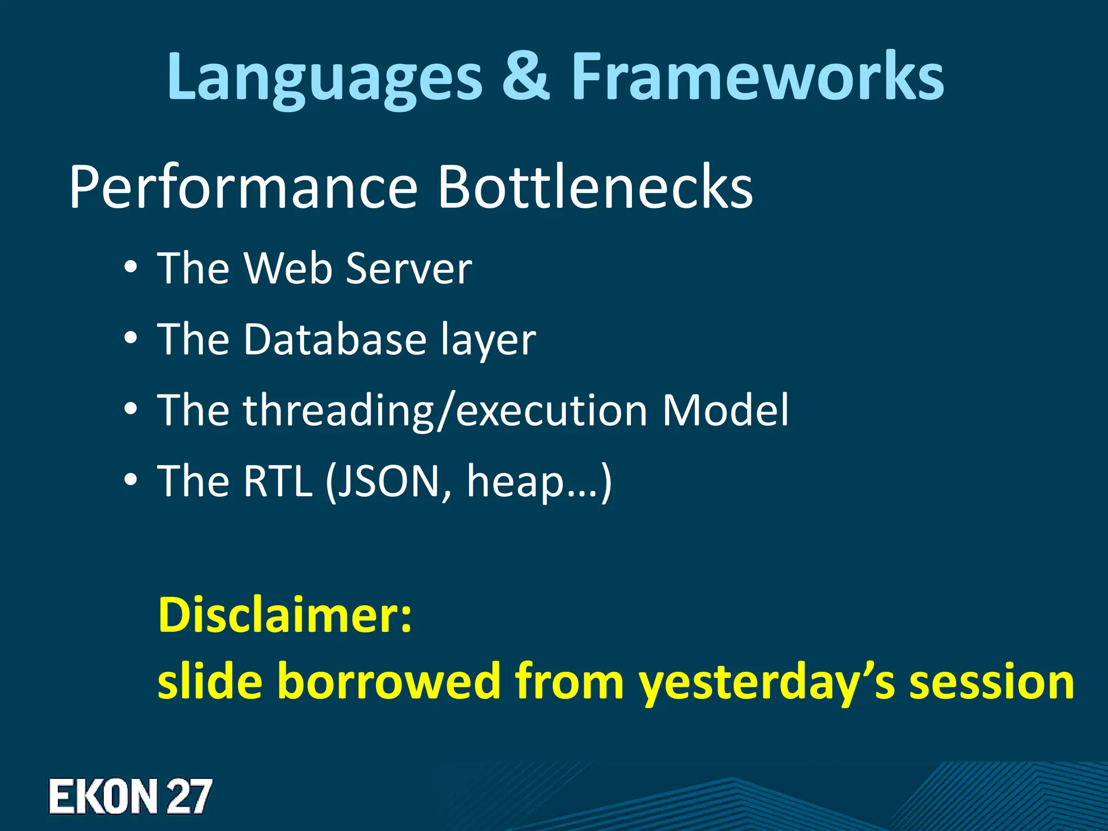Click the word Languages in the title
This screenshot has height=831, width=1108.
(324, 78)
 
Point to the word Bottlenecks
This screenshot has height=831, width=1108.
(595, 187)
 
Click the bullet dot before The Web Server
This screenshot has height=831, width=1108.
(130, 268)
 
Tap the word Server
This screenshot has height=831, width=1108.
(409, 268)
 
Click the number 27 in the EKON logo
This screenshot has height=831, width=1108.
(188, 796)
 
